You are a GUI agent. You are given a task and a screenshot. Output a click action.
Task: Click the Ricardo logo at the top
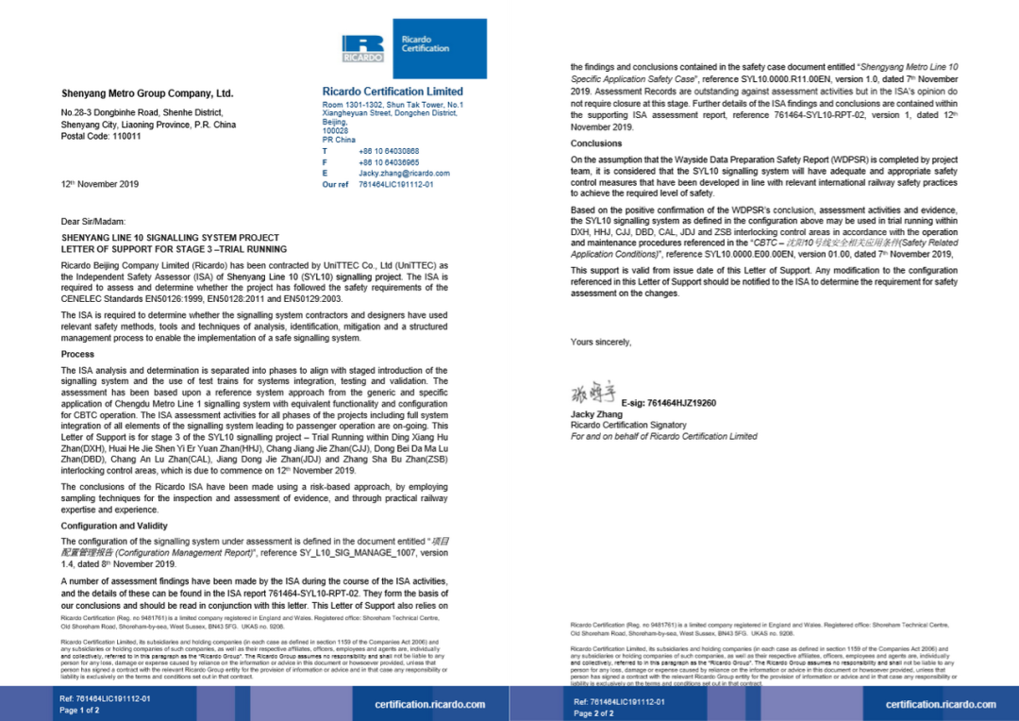362,49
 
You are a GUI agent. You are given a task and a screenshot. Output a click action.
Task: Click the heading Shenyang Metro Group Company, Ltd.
146,94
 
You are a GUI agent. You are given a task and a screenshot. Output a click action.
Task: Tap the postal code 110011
101,136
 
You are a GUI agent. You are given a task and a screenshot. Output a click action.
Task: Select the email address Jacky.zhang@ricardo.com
404,174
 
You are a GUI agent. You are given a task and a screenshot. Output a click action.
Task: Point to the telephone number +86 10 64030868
389,151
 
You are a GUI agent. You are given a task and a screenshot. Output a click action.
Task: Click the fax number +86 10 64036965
389,162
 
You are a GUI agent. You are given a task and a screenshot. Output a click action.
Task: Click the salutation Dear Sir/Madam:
92,221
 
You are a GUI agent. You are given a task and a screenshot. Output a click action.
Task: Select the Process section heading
77,354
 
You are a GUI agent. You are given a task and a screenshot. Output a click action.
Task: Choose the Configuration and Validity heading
114,526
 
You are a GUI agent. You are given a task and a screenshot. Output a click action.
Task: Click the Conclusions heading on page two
596,143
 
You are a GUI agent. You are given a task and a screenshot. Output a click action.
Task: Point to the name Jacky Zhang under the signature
595,414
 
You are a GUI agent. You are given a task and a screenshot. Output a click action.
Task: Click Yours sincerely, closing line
601,342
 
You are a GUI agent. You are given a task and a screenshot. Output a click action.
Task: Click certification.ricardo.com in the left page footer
429,704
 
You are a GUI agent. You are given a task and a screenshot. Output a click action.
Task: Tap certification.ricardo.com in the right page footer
941,704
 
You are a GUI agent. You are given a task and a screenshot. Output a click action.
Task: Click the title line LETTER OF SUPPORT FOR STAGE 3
174,249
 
